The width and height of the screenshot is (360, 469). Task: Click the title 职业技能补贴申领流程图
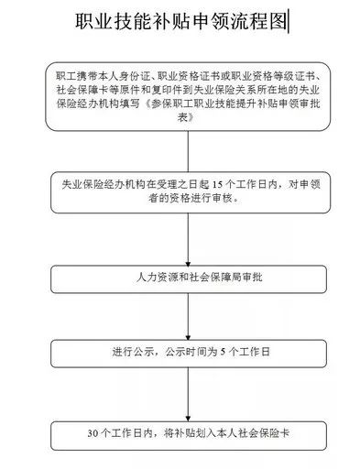click(x=180, y=21)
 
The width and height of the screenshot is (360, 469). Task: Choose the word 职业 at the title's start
click(x=91, y=21)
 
